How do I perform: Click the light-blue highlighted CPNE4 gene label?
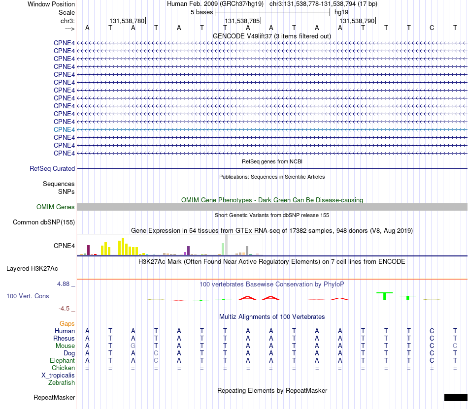[x=64, y=129]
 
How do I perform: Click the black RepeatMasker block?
[x=456, y=397]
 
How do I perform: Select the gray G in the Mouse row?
[x=133, y=346]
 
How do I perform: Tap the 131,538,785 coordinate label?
[x=242, y=21]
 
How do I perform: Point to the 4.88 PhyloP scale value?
[x=63, y=284]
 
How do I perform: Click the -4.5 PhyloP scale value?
[x=64, y=308]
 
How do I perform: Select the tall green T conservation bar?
[x=385, y=296]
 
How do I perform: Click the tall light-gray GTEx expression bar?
[x=226, y=245]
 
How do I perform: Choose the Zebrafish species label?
[x=62, y=382]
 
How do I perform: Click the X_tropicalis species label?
[x=58, y=376]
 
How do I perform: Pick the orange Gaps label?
[x=67, y=323]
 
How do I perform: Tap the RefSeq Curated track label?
[x=52, y=168]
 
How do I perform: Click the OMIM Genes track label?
[x=56, y=207]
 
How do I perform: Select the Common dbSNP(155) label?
[x=44, y=222]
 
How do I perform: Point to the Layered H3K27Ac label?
[x=32, y=268]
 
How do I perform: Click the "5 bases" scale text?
[x=202, y=12]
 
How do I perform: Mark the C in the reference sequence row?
[x=432, y=28]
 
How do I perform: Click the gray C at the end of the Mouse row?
[x=455, y=346]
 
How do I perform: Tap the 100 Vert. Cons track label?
[x=28, y=296]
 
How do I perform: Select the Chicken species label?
[x=63, y=368]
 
